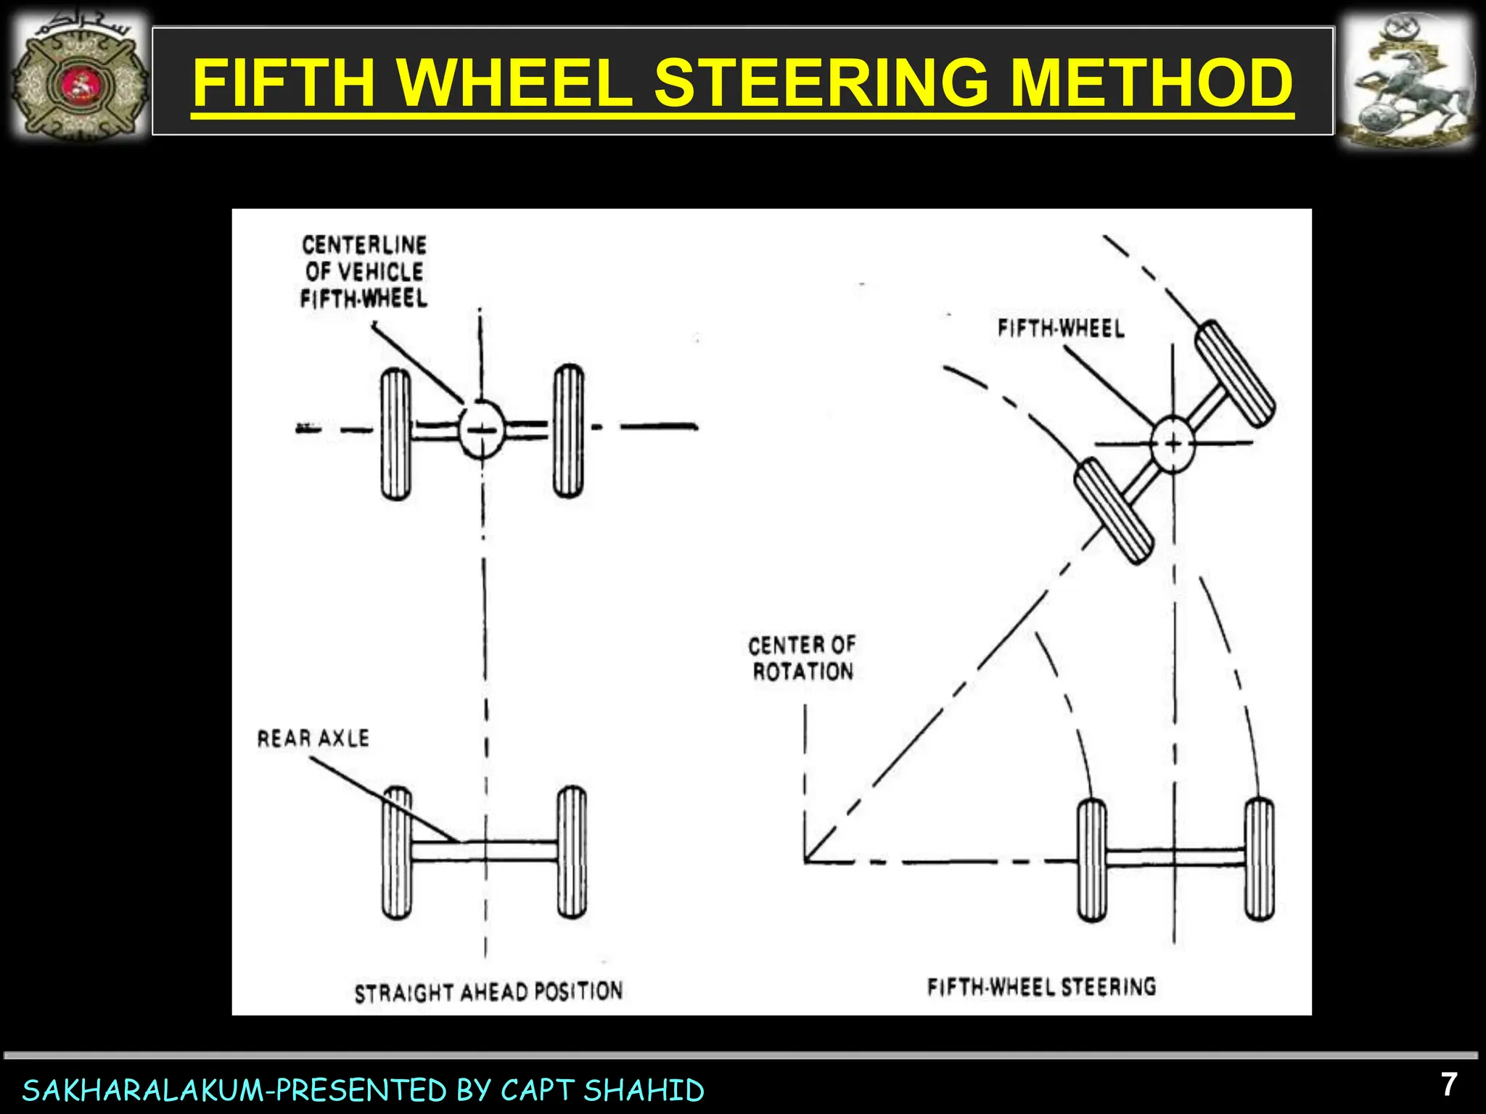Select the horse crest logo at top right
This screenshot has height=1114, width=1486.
click(1406, 81)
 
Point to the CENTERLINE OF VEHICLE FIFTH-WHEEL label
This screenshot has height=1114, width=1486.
click(364, 271)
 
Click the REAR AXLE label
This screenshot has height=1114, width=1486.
click(313, 738)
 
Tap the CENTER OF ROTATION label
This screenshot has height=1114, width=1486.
click(802, 658)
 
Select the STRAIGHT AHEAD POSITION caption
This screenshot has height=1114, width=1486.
click(488, 991)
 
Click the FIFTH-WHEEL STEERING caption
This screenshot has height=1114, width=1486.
click(1041, 987)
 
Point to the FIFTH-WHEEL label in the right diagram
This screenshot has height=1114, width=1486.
click(1061, 329)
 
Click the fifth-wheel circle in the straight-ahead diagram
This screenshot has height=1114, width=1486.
click(480, 429)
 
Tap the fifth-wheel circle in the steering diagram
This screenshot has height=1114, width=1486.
click(1173, 443)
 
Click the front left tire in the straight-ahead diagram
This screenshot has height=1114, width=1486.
click(395, 433)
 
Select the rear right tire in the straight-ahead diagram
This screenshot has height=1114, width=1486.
click(572, 852)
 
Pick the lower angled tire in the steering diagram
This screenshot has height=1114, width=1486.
click(1113, 511)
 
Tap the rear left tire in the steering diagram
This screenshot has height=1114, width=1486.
click(1092, 859)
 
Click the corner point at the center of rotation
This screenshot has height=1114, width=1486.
click(806, 861)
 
